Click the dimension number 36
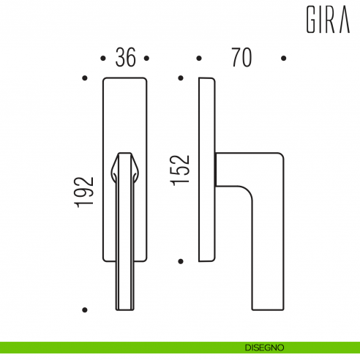(126, 58)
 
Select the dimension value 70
(241, 58)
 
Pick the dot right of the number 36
(146, 58)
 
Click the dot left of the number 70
(198, 58)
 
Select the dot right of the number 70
(284, 58)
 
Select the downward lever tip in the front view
(125, 296)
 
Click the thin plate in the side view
(207, 168)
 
